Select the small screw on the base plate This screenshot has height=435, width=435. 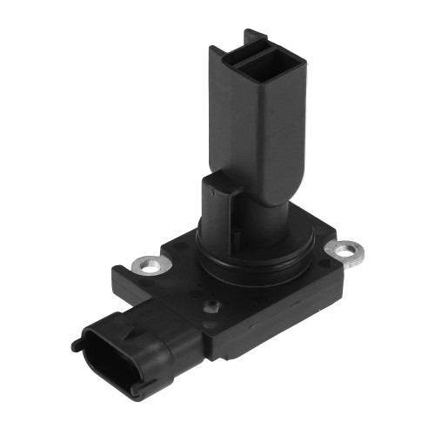pyautogui.click(x=210, y=305)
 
